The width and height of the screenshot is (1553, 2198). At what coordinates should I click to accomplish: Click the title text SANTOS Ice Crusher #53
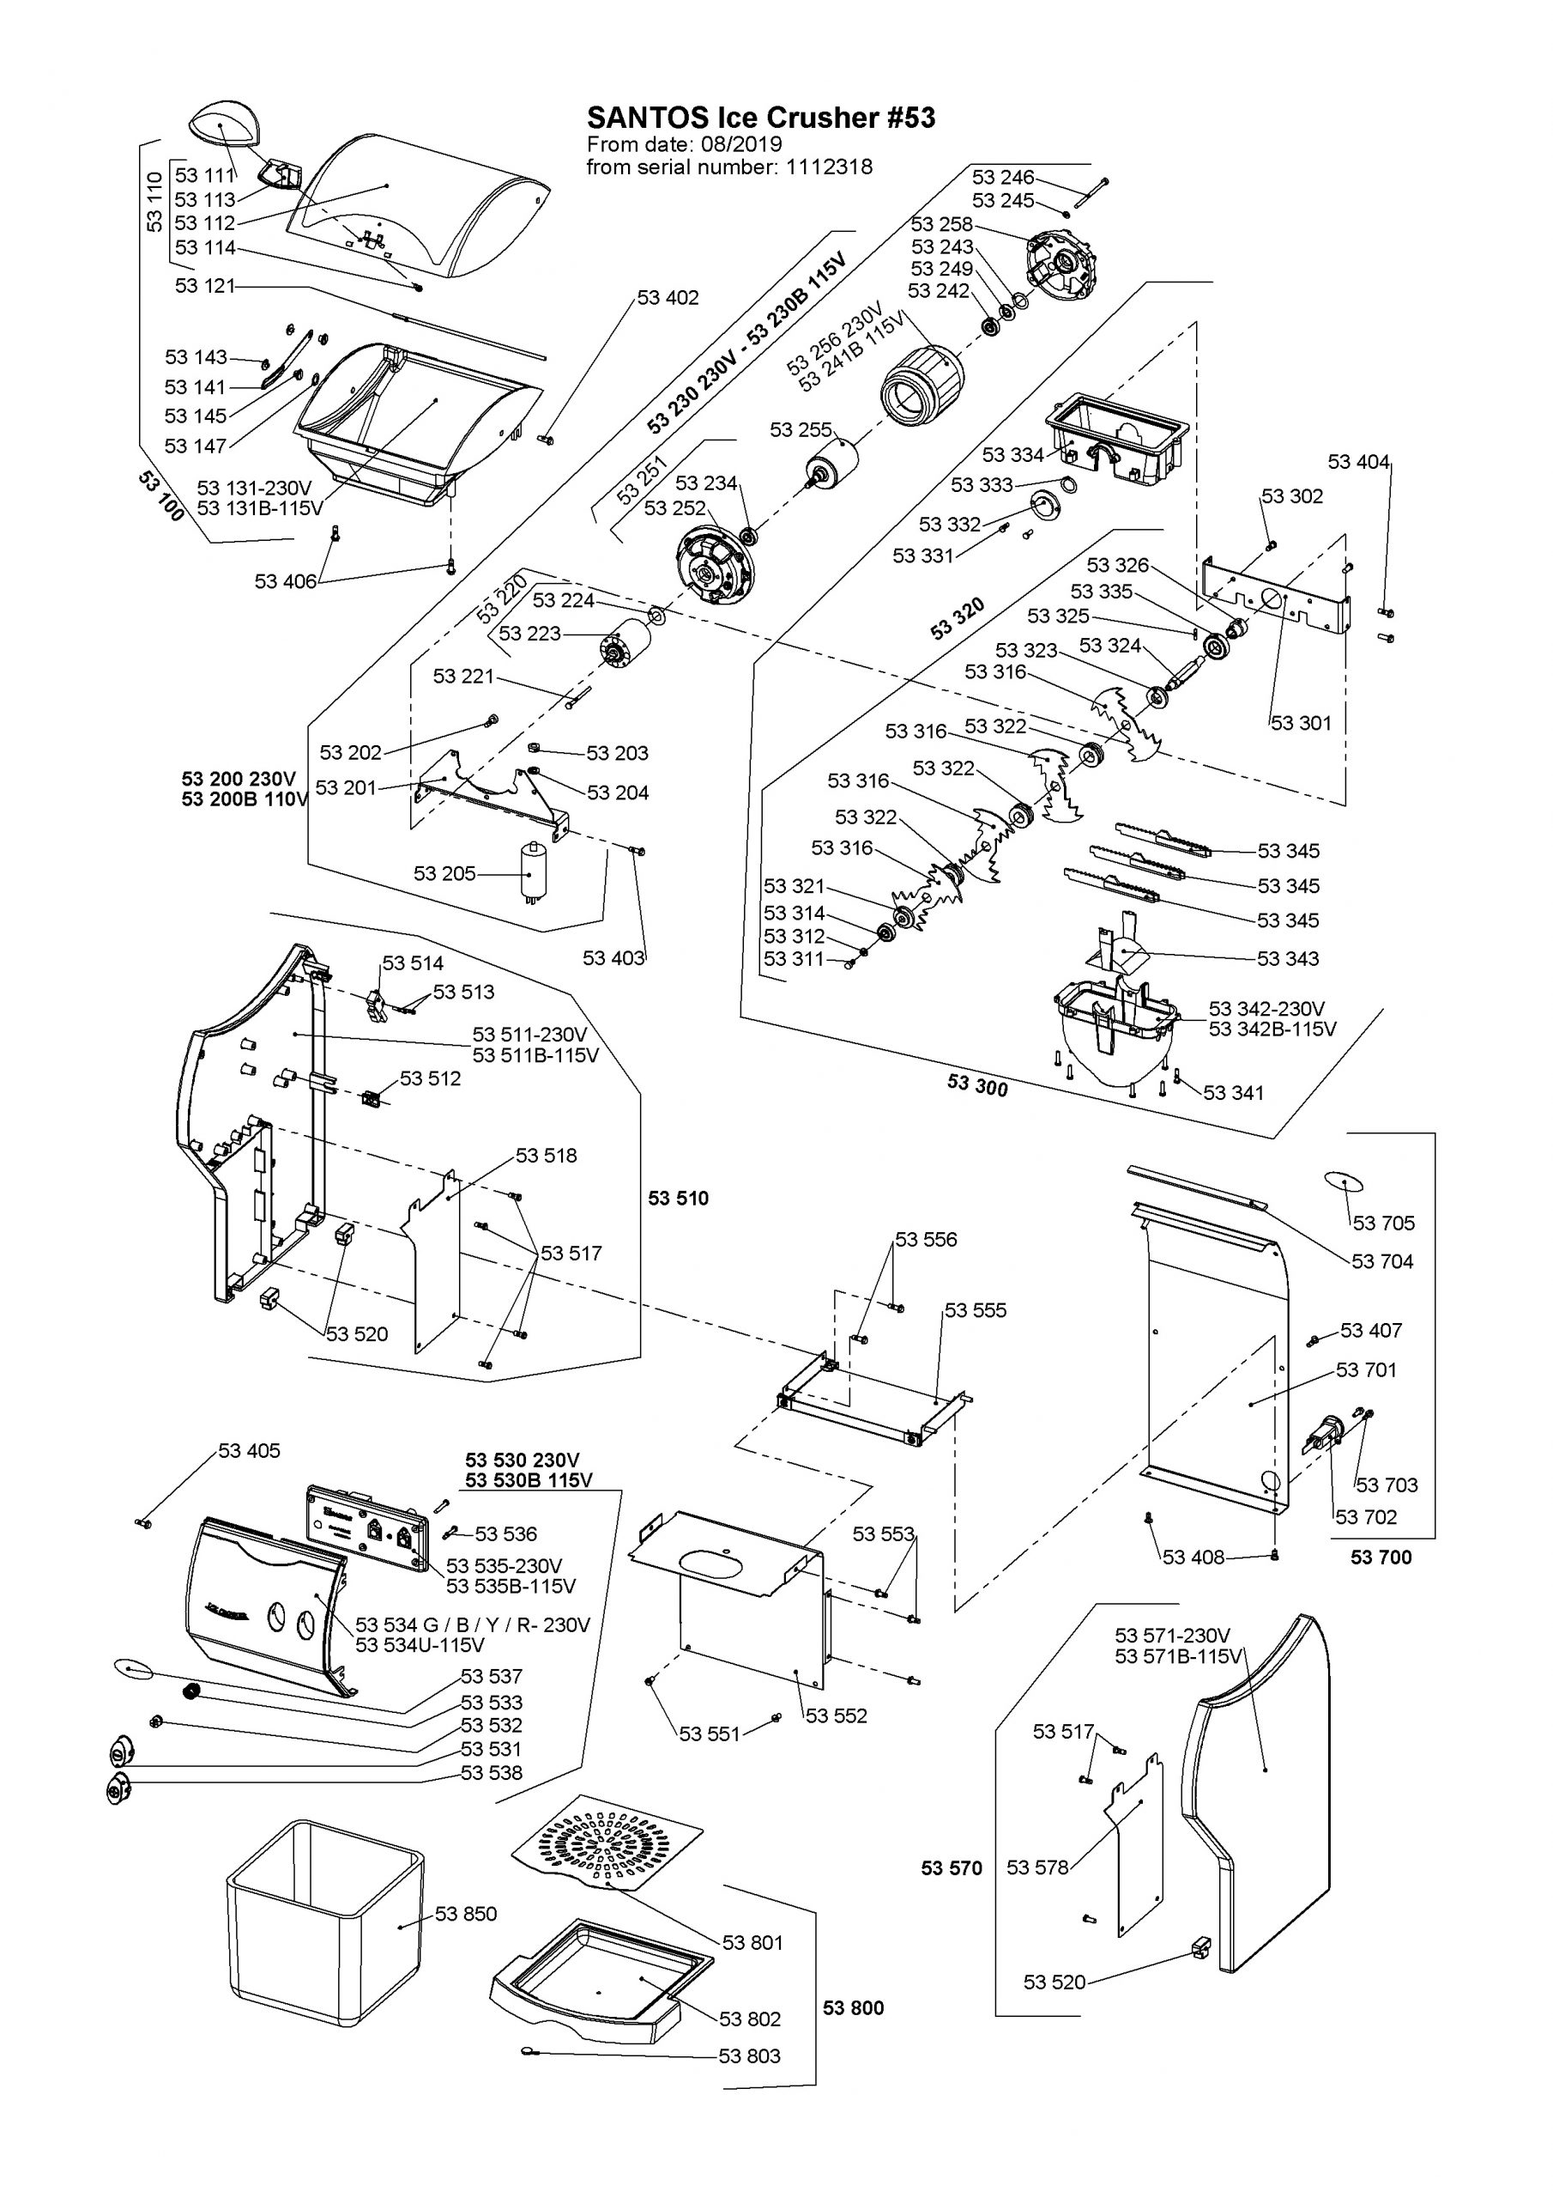(x=761, y=118)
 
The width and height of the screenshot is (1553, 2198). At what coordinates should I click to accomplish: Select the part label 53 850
(x=466, y=1914)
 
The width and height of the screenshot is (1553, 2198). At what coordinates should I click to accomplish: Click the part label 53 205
(x=444, y=873)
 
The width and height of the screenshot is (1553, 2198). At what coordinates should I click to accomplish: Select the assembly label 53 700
(x=1381, y=1557)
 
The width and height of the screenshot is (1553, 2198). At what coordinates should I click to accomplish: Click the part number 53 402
(x=668, y=298)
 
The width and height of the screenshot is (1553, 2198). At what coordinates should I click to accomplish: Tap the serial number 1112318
(x=830, y=167)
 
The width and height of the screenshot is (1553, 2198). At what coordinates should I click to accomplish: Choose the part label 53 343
(x=1288, y=958)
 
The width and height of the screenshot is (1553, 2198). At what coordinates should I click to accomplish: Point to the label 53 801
(x=752, y=1942)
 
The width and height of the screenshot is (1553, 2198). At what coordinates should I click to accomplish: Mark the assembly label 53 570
(x=952, y=1867)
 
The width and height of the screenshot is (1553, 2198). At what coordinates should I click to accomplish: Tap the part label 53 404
(x=1357, y=463)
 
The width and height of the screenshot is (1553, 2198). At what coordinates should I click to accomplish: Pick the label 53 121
(x=205, y=285)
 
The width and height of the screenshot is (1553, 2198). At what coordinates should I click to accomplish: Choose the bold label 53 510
(x=679, y=1199)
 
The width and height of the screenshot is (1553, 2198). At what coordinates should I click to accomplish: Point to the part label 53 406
(x=285, y=581)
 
